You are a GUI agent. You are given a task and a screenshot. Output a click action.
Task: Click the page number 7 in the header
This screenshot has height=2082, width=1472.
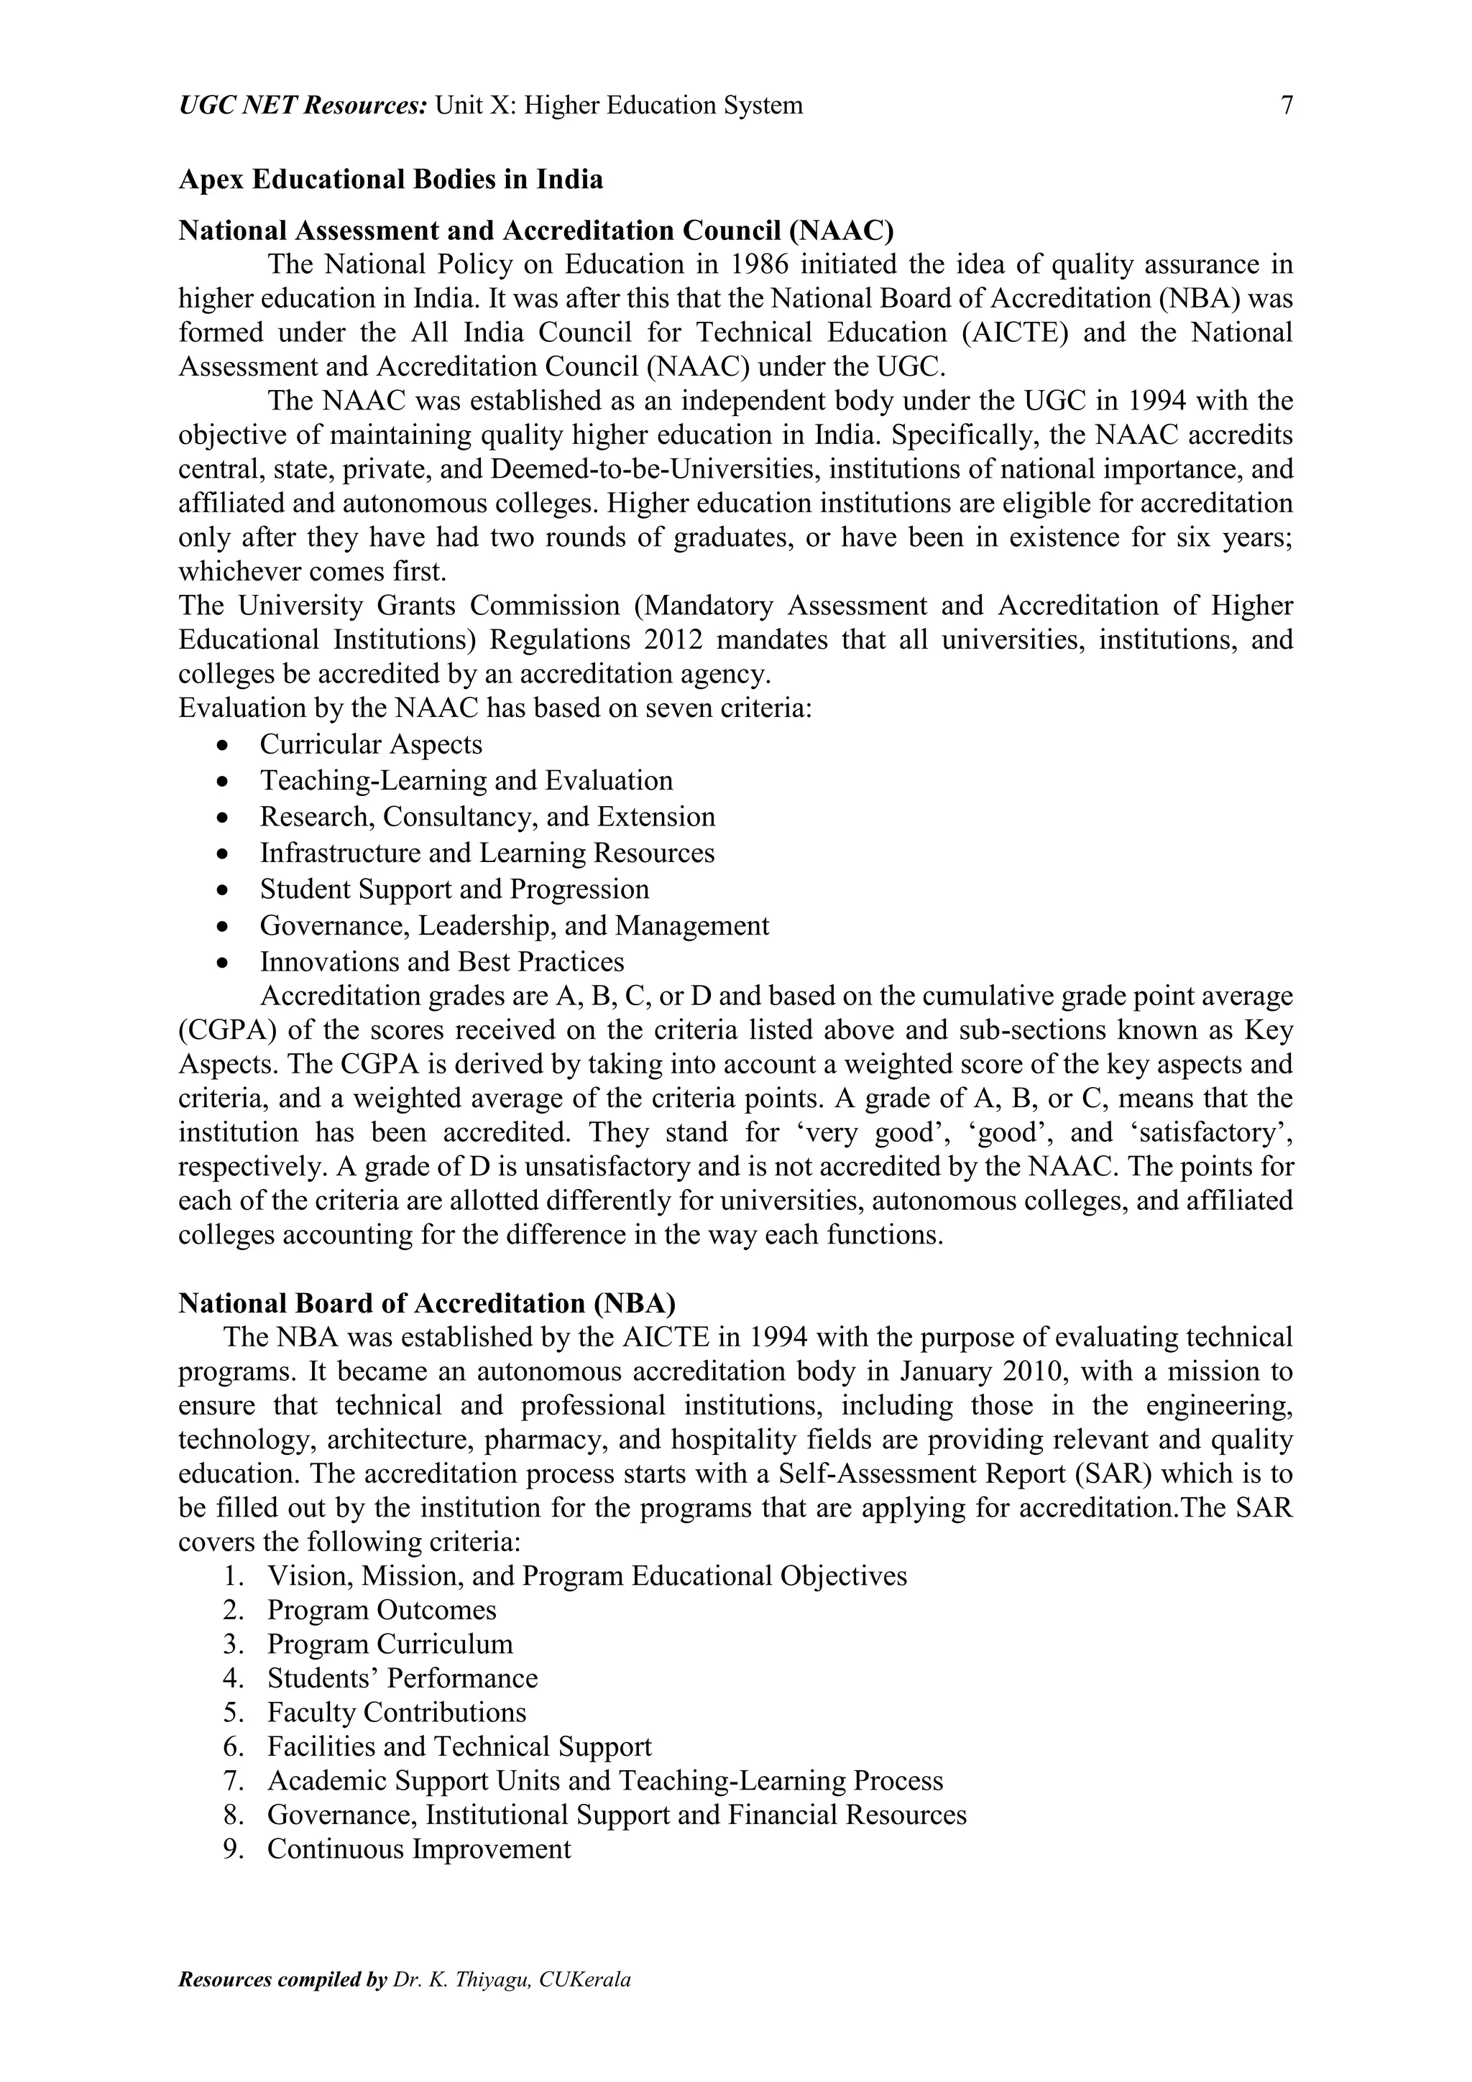pyautogui.click(x=1286, y=106)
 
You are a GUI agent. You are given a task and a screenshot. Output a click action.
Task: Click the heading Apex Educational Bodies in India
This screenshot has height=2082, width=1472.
pyautogui.click(x=391, y=180)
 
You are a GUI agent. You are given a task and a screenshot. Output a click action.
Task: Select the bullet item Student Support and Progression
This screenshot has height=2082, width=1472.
pyautogui.click(x=454, y=889)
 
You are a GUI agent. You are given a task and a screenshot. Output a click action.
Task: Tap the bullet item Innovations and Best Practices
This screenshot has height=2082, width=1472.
pyautogui.click(x=442, y=962)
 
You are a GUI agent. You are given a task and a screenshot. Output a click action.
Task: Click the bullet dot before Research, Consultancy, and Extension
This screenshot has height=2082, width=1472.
pyautogui.click(x=223, y=818)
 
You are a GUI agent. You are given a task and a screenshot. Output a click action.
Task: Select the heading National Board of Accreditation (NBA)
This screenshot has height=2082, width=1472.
pyautogui.click(x=426, y=1303)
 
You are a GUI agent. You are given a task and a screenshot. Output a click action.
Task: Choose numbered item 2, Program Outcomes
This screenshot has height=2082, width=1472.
pyautogui.click(x=381, y=1611)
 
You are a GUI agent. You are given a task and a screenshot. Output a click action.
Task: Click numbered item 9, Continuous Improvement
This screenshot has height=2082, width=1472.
pyautogui.click(x=418, y=1849)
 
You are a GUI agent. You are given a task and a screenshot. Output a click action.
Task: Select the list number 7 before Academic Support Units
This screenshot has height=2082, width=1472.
pyautogui.click(x=231, y=1781)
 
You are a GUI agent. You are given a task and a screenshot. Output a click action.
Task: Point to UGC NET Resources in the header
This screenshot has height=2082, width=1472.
pyautogui.click(x=303, y=106)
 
